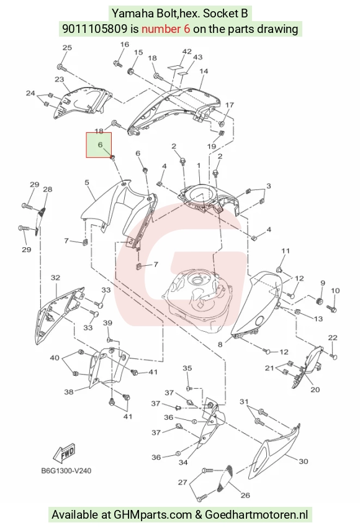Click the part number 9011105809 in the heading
[x=94, y=29]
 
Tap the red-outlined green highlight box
[x=99, y=145]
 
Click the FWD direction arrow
[x=65, y=453]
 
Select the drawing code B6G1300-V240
[x=66, y=470]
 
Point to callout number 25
[x=67, y=47]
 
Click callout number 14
[x=204, y=71]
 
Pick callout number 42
[x=187, y=52]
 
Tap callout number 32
[x=55, y=278]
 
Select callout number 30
[x=304, y=461]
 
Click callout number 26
[x=245, y=495]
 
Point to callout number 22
[x=333, y=338]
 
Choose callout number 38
[x=69, y=392]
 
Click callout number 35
[x=187, y=368]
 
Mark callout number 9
[x=323, y=283]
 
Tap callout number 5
[x=87, y=183]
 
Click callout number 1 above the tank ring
[x=199, y=166]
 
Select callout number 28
[x=47, y=189]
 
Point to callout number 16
[x=125, y=44]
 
